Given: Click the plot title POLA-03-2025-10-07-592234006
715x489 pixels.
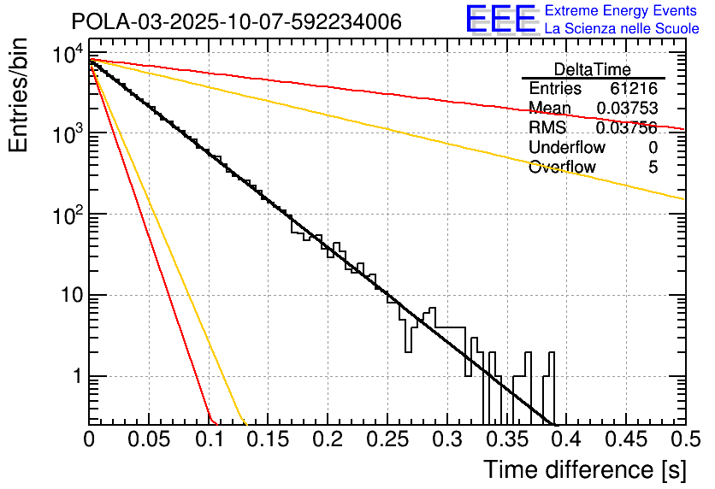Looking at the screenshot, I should pos(236,21).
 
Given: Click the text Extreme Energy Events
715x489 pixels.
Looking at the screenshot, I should pos(620,11).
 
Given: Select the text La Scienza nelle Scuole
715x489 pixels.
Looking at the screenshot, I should pos(622,28).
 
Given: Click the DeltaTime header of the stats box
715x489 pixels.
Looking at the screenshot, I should pos(592,69).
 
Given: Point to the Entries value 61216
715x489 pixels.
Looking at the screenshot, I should pos(634,89).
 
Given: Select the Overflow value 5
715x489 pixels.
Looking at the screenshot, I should pos(653,168).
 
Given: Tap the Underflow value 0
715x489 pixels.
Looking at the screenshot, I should pos(653,148).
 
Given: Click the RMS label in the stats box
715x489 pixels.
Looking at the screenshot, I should pos(547,128).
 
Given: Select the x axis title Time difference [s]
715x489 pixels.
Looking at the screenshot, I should pos(583,469).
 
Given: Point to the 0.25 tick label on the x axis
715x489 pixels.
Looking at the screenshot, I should pos(387,439).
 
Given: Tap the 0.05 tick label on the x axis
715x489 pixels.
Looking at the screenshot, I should pos(148,439).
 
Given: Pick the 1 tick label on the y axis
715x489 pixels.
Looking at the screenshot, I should pos(74,376).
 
